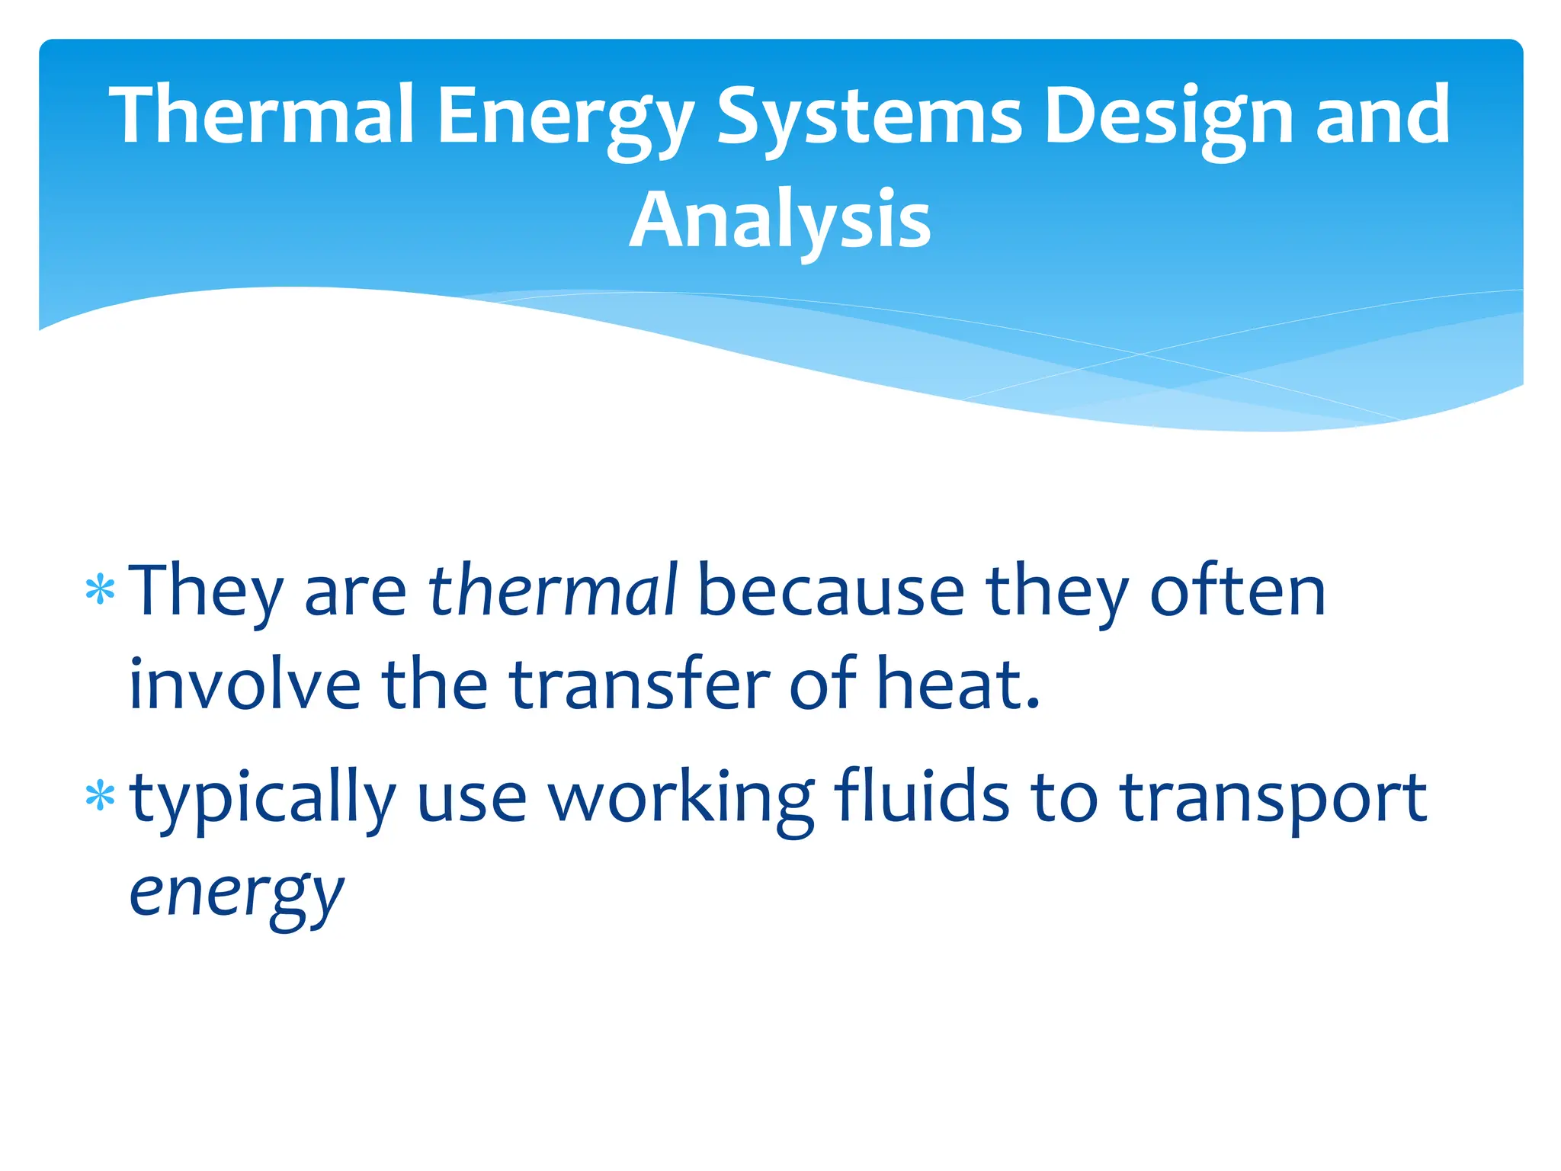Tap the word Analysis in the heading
click(x=780, y=220)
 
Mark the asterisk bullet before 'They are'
click(x=101, y=591)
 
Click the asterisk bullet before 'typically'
click(x=101, y=797)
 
